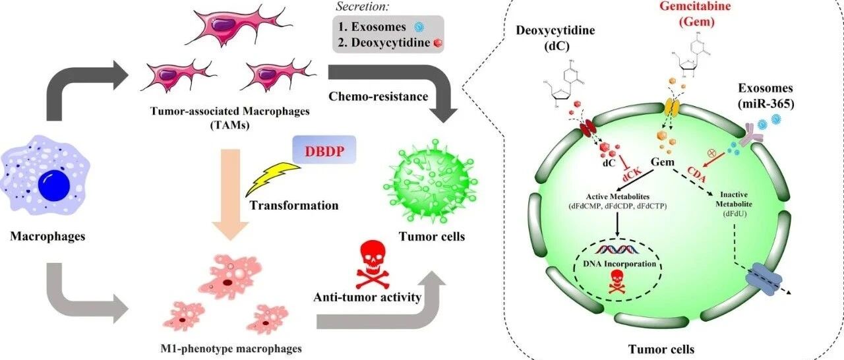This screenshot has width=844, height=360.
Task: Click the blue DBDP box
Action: click(x=324, y=150)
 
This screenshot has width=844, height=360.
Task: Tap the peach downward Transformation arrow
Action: click(x=230, y=195)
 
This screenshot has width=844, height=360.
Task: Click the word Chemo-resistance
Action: click(x=378, y=96)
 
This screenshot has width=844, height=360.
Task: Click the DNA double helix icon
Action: click(x=617, y=249)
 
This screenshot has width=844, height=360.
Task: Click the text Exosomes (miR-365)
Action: click(x=766, y=96)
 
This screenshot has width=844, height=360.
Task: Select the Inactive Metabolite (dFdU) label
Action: click(x=734, y=204)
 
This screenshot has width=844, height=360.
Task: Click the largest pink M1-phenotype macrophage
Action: click(x=230, y=276)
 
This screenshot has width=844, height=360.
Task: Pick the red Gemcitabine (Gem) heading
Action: click(x=696, y=14)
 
